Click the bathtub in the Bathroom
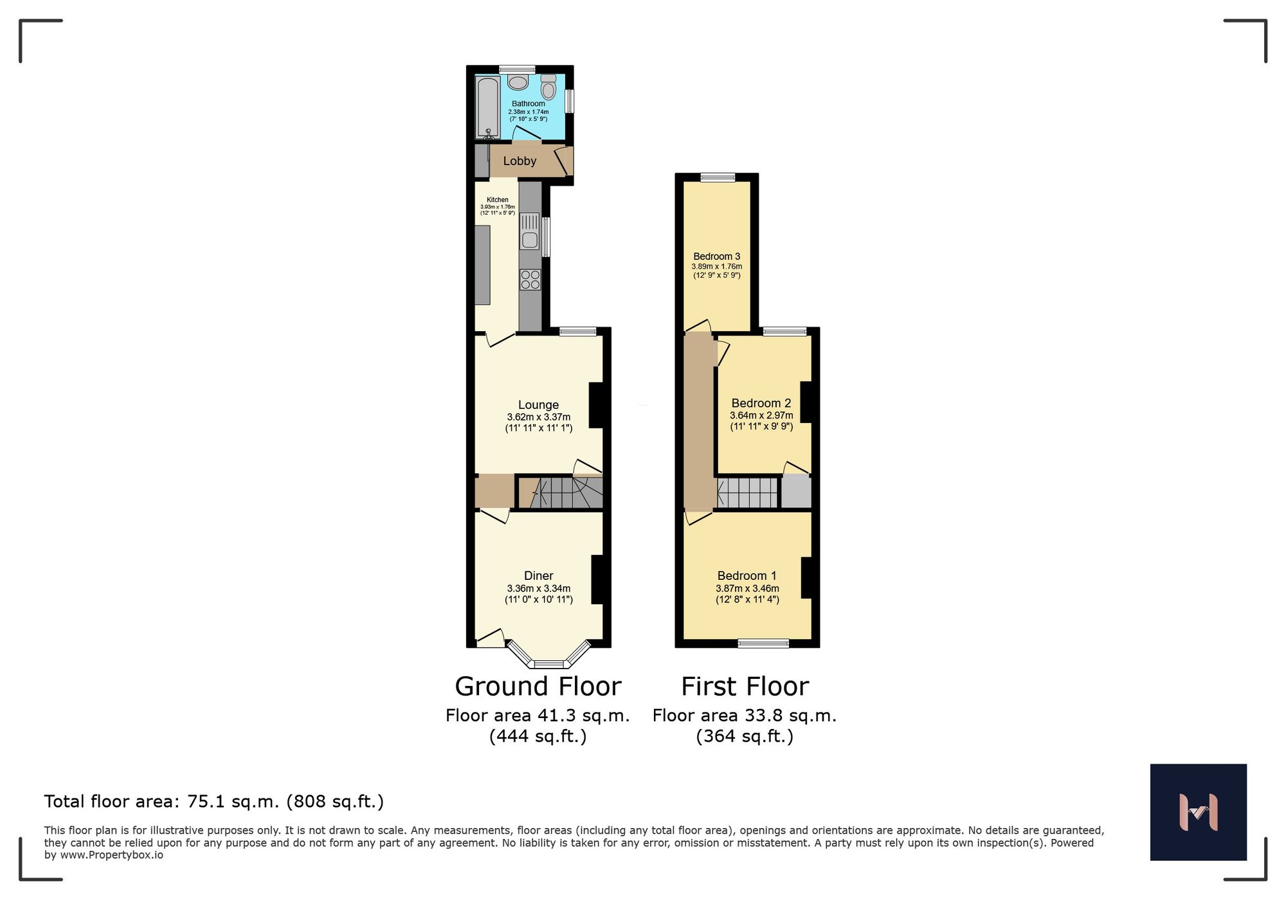click(x=488, y=107)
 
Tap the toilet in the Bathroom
click(x=548, y=87)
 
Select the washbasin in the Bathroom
click(x=518, y=82)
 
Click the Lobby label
click(x=520, y=161)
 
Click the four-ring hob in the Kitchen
click(x=530, y=280)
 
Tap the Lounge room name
click(x=538, y=405)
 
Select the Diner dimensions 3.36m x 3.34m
click(x=538, y=588)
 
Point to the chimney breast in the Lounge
click(x=596, y=405)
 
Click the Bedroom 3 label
click(x=716, y=256)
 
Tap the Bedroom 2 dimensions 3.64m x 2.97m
click(x=761, y=415)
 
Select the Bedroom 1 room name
click(x=747, y=575)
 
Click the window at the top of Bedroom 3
click(x=718, y=177)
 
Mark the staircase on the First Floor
click(x=747, y=492)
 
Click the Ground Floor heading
click(x=538, y=687)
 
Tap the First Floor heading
click(x=745, y=687)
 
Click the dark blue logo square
click(x=1198, y=812)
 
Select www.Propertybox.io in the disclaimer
click(x=112, y=855)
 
